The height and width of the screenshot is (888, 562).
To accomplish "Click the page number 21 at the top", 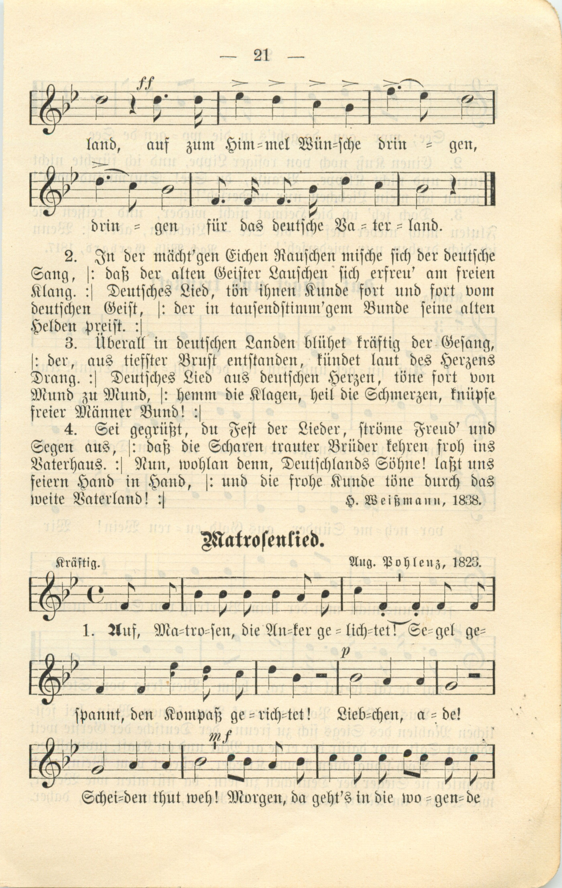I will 261,56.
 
